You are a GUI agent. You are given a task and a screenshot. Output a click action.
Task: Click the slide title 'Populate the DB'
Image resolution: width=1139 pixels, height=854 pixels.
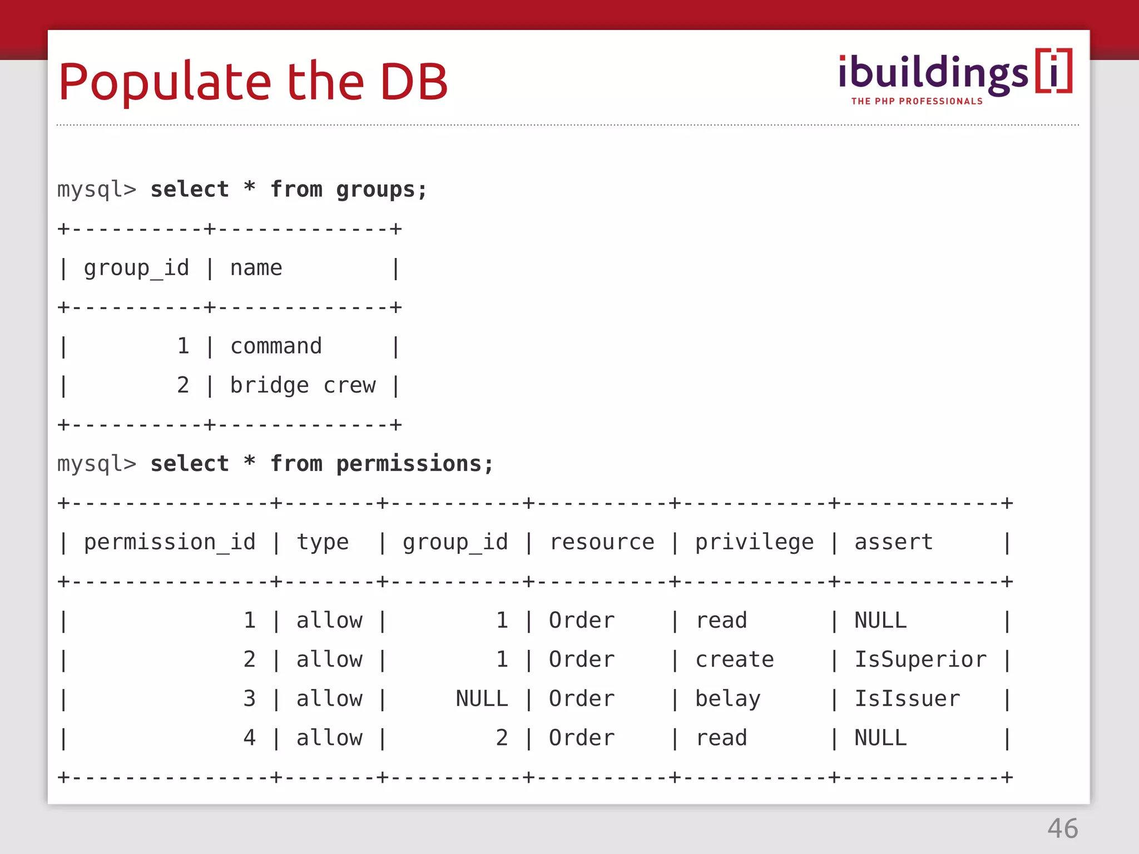click(x=253, y=82)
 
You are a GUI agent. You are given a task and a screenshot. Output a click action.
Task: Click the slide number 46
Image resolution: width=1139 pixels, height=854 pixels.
click(x=1062, y=828)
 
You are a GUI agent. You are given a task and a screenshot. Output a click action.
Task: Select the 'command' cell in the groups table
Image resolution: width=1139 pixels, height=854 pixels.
click(x=276, y=346)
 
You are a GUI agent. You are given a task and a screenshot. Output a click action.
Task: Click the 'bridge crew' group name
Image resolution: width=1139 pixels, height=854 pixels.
click(x=303, y=385)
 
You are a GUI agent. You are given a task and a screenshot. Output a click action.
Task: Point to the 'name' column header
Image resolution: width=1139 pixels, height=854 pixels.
click(x=256, y=269)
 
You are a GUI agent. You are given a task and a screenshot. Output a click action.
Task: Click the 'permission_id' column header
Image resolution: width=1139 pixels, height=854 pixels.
click(x=170, y=542)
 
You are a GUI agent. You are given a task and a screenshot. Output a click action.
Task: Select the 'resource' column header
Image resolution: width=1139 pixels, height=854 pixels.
click(x=602, y=542)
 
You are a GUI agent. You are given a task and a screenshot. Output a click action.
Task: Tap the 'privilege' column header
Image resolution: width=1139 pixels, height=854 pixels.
click(x=754, y=542)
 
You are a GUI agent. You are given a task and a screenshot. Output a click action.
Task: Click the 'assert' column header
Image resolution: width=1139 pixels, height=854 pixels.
click(x=893, y=542)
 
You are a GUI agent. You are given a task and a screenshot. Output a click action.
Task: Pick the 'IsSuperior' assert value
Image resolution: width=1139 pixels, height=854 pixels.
click(x=920, y=659)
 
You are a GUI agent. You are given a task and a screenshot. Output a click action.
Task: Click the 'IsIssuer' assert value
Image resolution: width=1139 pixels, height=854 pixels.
click(x=907, y=699)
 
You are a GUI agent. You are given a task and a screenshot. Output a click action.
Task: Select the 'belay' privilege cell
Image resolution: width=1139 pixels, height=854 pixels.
click(x=727, y=699)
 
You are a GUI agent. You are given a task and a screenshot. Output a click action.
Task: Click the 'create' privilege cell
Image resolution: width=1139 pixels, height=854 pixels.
click(x=734, y=659)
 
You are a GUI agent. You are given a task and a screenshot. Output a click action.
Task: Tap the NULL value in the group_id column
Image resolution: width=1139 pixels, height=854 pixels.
click(x=482, y=699)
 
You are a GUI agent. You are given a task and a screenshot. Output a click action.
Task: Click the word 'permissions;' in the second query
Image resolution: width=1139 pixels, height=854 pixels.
click(x=414, y=464)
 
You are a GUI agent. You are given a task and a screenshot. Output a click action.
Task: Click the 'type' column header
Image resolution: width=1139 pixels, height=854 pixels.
click(x=323, y=542)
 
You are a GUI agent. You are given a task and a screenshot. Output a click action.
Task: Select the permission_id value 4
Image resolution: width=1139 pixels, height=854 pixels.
click(x=249, y=738)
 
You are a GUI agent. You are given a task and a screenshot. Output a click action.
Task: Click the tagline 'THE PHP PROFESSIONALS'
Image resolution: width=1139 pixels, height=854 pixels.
click(x=917, y=101)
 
